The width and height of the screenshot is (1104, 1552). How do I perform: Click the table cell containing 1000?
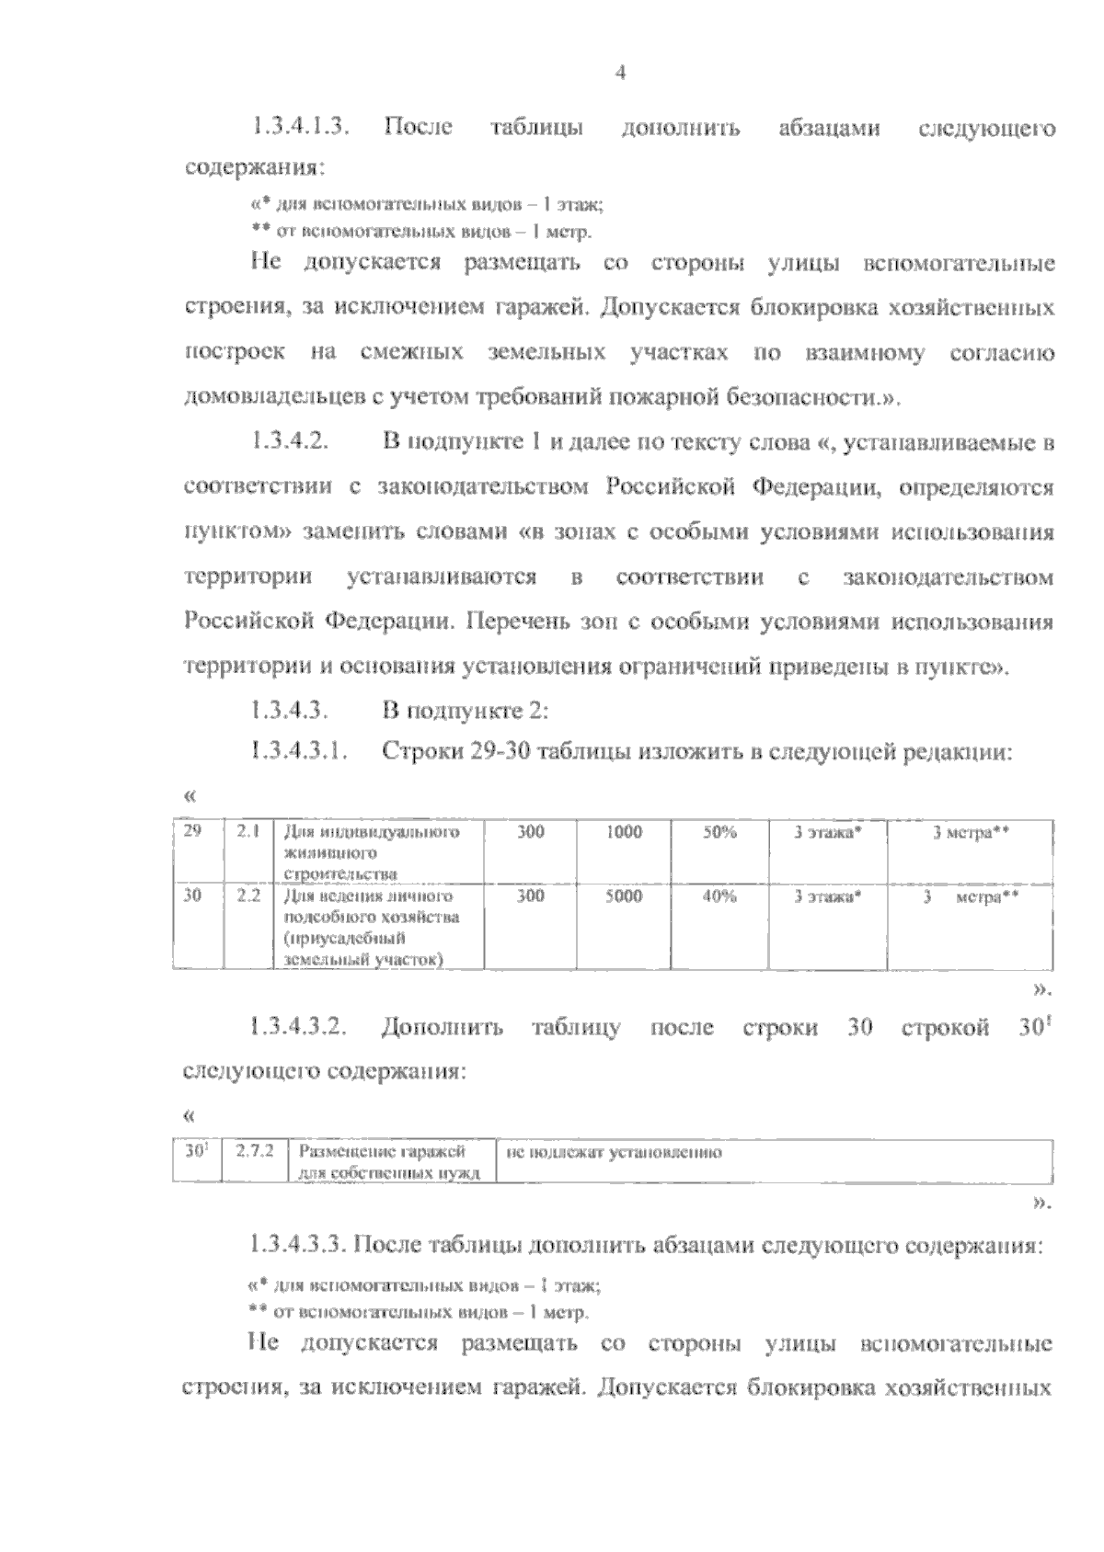click(x=624, y=832)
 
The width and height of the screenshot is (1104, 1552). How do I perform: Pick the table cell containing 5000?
click(x=624, y=896)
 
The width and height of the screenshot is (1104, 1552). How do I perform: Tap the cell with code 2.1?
click(x=247, y=832)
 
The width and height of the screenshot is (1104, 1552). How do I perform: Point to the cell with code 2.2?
click(x=247, y=896)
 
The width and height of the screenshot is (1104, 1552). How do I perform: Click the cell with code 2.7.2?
click(x=255, y=1150)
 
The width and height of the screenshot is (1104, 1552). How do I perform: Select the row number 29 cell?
click(x=193, y=832)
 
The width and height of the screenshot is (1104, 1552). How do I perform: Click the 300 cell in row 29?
click(x=530, y=832)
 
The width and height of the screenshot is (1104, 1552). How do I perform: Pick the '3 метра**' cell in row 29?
click(x=972, y=833)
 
